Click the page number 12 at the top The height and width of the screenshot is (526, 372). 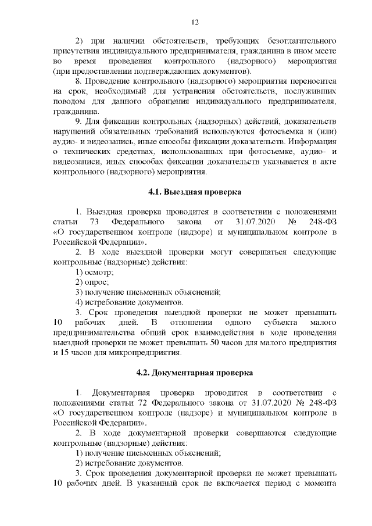pos(195,22)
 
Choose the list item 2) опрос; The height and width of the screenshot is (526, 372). pos(92,282)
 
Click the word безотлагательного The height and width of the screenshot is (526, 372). pos(301,41)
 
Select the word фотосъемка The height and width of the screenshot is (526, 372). pos(269,133)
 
